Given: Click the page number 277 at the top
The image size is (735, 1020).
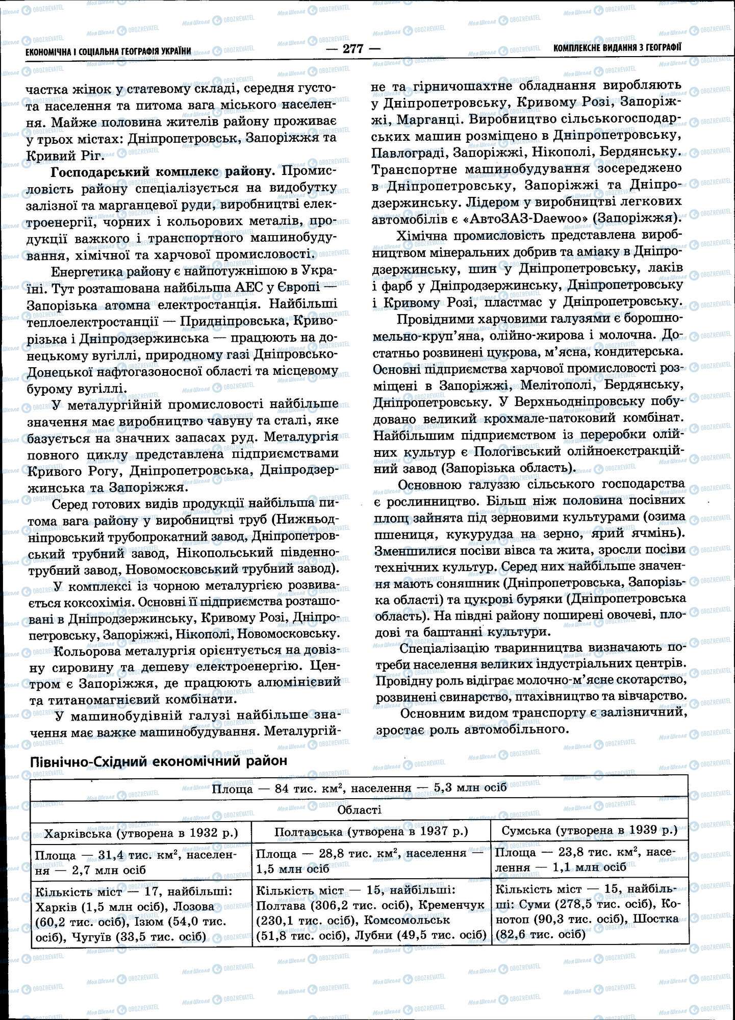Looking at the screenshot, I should point(353,49).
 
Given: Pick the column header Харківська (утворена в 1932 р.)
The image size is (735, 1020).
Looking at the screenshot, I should point(141,833).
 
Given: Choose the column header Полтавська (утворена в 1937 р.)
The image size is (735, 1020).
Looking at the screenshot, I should point(371,831).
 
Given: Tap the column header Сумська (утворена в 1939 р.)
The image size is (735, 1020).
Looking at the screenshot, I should point(589,830).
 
